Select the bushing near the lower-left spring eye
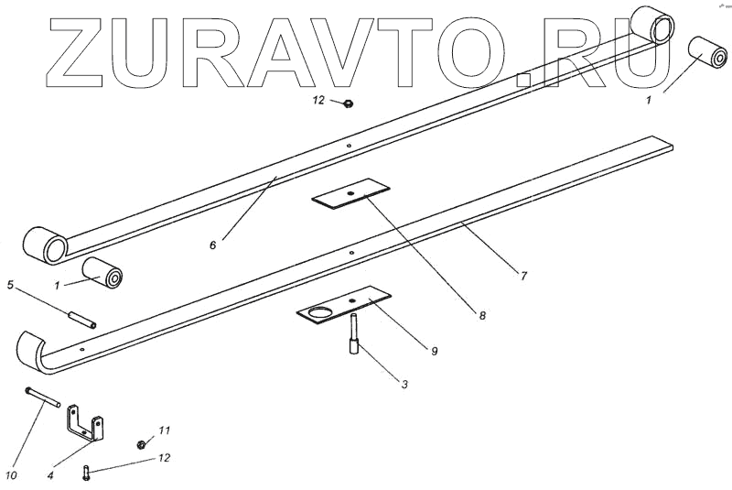coord(103,273)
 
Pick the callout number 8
coord(481,315)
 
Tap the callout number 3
coord(404,383)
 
